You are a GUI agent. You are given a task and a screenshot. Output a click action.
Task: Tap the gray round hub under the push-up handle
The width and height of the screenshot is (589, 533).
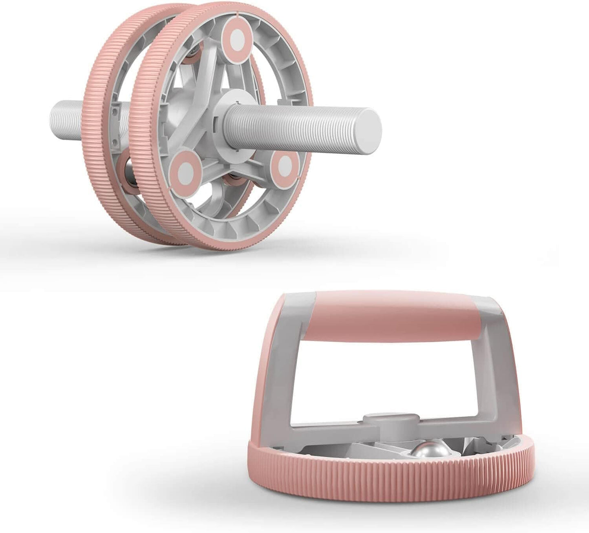coord(391,431)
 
